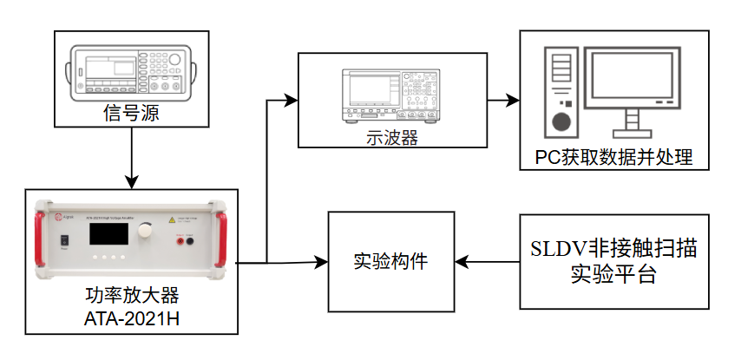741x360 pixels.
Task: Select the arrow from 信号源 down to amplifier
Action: pyautogui.click(x=130, y=156)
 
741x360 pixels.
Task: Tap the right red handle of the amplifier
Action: pyautogui.click(x=222, y=237)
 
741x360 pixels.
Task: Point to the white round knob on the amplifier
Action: pyautogui.click(x=144, y=230)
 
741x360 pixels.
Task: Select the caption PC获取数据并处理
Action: pyautogui.click(x=614, y=158)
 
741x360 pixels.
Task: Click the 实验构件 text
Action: pyautogui.click(x=391, y=260)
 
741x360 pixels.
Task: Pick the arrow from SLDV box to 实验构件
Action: pyautogui.click(x=487, y=260)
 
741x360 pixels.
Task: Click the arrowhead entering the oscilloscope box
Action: pyautogui.click(x=292, y=100)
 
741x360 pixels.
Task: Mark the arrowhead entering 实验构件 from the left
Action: pyautogui.click(x=321, y=260)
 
